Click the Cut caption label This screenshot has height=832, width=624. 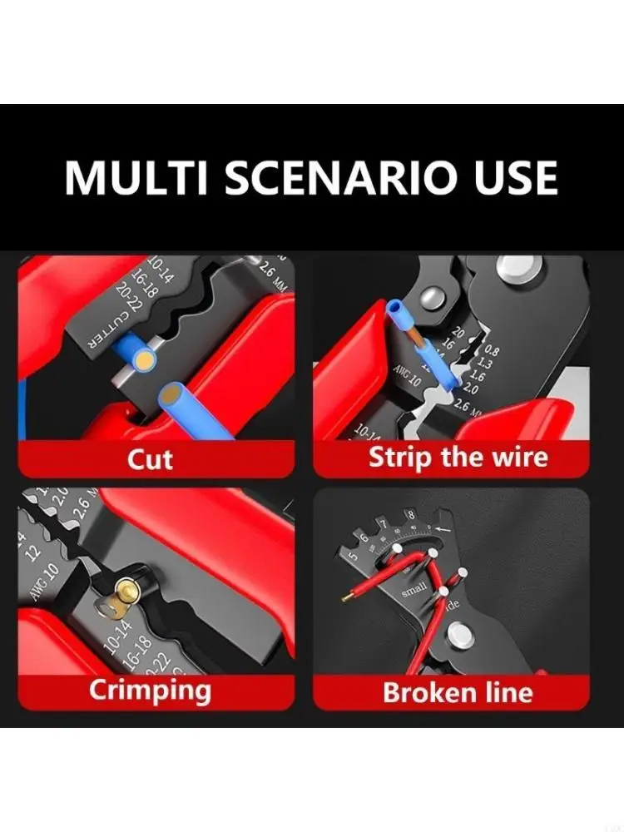pyautogui.click(x=150, y=458)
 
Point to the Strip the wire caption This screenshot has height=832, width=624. pyautogui.click(x=458, y=457)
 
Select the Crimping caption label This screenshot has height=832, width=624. pyautogui.click(x=150, y=690)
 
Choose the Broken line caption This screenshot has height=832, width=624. pyautogui.click(x=458, y=691)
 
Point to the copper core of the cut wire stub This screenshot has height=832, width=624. pyautogui.click(x=146, y=360)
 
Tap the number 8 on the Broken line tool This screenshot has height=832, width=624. pyautogui.click(x=409, y=516)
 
